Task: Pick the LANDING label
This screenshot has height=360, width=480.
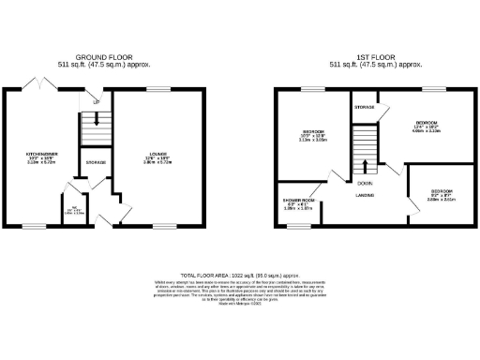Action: [x=364, y=196]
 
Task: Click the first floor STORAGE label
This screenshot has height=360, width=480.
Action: [x=365, y=108]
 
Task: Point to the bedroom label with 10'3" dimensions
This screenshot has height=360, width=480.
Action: [x=312, y=131]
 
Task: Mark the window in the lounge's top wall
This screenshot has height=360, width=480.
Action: [x=154, y=89]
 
